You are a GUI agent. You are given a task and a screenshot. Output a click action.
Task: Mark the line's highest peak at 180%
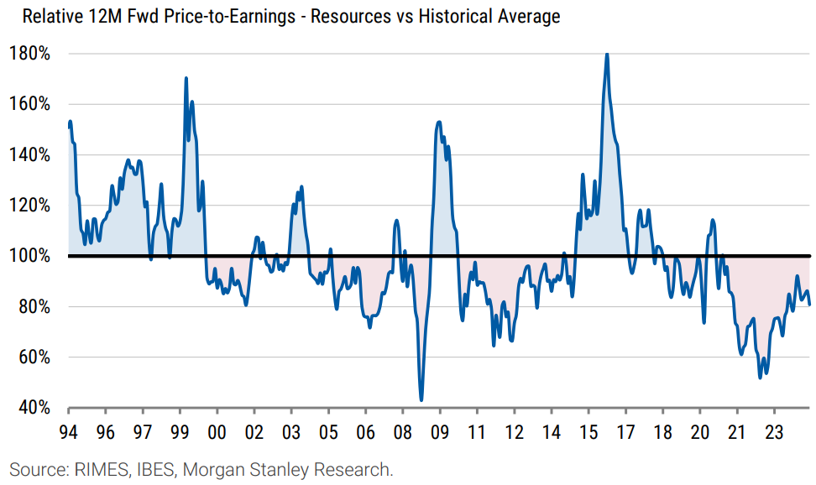pos(606,55)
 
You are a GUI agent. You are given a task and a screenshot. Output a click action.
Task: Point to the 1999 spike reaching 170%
pos(186,78)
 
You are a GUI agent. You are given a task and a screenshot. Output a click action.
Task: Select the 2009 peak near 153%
pos(439,123)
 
